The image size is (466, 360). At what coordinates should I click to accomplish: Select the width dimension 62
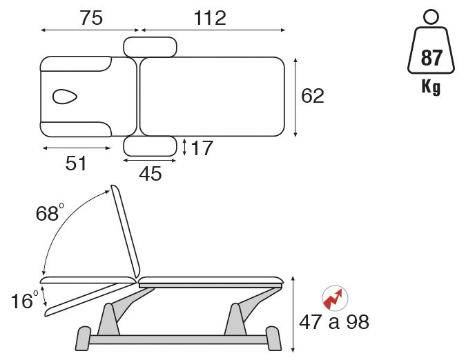(x=313, y=97)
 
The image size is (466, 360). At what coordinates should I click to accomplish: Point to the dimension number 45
(x=150, y=174)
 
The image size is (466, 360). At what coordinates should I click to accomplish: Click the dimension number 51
(x=76, y=163)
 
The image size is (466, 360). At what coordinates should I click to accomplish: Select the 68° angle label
(x=49, y=213)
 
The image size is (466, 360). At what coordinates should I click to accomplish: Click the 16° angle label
(x=24, y=301)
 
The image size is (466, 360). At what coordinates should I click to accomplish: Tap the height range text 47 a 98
(x=334, y=322)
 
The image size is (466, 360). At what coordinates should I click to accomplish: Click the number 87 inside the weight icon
(x=431, y=59)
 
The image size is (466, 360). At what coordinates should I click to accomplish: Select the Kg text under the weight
(x=431, y=88)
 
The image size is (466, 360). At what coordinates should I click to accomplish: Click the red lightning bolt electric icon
(x=335, y=298)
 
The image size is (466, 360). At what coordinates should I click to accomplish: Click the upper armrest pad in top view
(x=150, y=46)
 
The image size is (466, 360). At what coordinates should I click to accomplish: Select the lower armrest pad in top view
(x=150, y=146)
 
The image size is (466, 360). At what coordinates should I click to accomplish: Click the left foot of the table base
(x=82, y=338)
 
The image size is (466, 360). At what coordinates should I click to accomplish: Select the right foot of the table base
(x=274, y=339)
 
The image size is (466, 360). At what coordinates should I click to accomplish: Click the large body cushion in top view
(x=212, y=97)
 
